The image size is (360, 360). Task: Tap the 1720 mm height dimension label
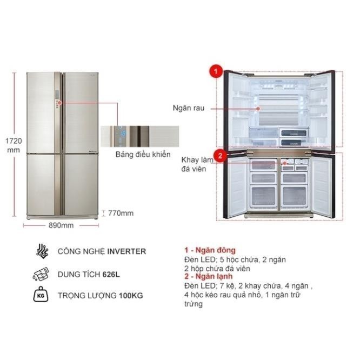pyautogui.click(x=14, y=145)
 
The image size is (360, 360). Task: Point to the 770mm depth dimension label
pyautogui.click(x=120, y=213)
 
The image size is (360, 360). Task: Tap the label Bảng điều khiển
pyautogui.click(x=142, y=155)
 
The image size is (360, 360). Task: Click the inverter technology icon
pyautogui.click(x=42, y=251)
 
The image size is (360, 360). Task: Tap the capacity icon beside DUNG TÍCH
pyautogui.click(x=42, y=274)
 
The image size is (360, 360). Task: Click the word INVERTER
pyautogui.click(x=126, y=251)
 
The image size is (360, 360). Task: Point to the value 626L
pyautogui.click(x=111, y=274)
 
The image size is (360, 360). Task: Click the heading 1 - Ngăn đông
pyautogui.click(x=209, y=250)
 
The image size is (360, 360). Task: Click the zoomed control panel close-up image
pyautogui.click(x=138, y=135)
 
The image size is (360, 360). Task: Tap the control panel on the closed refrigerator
pyautogui.click(x=57, y=102)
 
